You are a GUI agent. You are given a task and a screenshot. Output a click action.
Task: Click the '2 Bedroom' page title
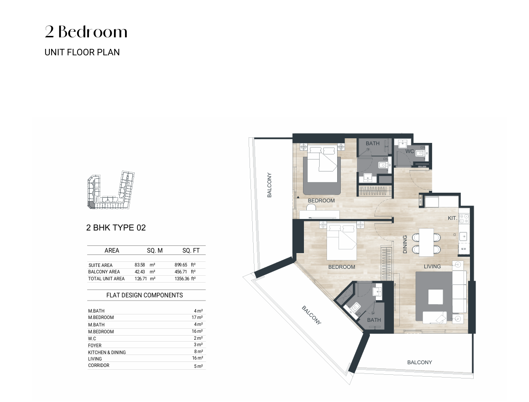86,32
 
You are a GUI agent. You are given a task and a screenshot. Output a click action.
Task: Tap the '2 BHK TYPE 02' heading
116,228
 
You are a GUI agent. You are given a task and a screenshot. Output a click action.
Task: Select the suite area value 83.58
140,265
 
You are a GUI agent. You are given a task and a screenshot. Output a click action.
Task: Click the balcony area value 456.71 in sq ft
180,272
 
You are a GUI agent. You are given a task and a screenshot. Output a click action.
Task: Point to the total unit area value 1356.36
182,279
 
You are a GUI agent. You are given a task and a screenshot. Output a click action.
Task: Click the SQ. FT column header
191,251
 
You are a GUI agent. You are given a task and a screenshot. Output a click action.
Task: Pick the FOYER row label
95,345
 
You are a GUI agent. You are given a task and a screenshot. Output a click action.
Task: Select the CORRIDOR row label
99,365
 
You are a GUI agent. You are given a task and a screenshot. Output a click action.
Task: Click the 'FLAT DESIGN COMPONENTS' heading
144,295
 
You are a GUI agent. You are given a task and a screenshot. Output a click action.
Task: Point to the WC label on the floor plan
410,151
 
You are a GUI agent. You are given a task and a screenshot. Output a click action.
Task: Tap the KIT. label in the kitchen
452,218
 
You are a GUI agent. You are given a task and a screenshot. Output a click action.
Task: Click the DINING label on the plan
405,244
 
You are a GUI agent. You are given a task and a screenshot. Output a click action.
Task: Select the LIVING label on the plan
432,266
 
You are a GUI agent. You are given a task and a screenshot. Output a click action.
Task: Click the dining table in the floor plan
426,242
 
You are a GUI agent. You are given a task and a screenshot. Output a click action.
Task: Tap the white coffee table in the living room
435,297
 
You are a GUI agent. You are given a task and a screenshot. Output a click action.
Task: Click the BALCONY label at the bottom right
419,362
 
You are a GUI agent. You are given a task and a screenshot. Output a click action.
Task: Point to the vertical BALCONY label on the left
269,185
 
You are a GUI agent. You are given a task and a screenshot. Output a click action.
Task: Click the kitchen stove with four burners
464,219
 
